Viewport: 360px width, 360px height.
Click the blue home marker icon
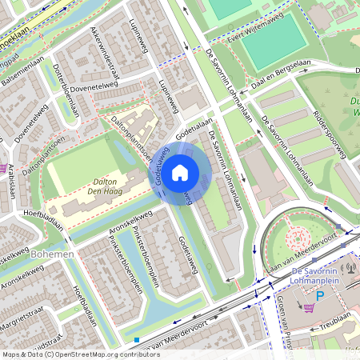[x=180, y=173]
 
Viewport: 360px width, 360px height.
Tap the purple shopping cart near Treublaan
[x=308, y=307]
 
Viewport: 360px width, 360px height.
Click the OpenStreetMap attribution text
[x=70, y=354]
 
